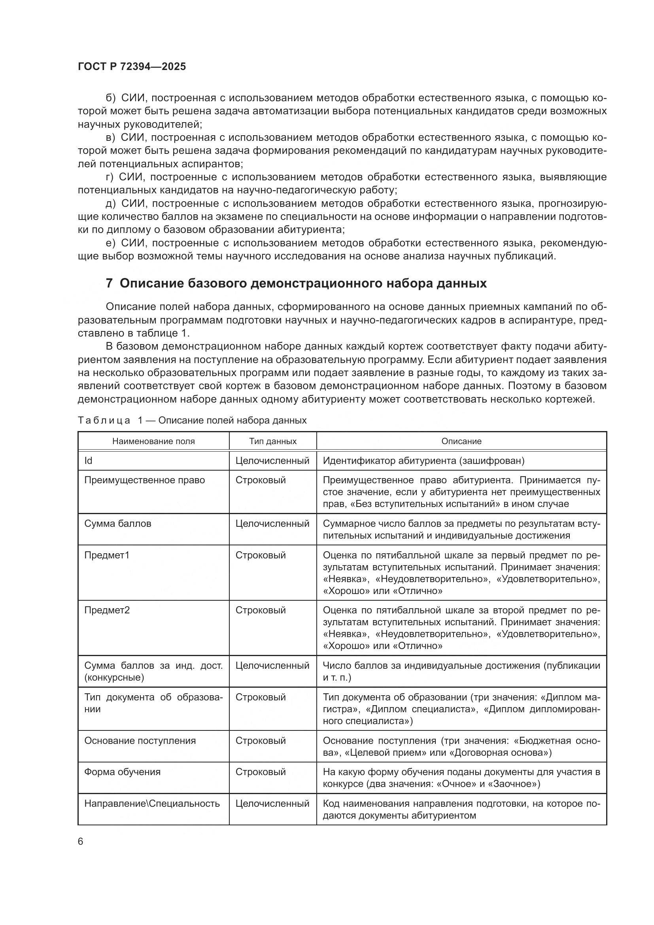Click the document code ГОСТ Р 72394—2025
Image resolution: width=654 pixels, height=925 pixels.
pyautogui.click(x=132, y=67)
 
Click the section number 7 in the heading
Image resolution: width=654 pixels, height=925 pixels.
pyautogui.click(x=109, y=284)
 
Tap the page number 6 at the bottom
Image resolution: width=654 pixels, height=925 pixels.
pyautogui.click(x=81, y=842)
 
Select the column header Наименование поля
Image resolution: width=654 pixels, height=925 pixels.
pyautogui.click(x=153, y=441)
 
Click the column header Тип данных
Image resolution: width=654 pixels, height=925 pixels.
pyautogui.click(x=273, y=441)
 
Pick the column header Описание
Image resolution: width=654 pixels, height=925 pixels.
pyautogui.click(x=461, y=441)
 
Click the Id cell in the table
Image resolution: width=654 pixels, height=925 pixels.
pyautogui.click(x=88, y=460)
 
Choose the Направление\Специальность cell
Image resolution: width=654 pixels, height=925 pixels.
pyautogui.click(x=152, y=804)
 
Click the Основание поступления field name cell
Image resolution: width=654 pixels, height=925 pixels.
pyautogui.click(x=140, y=740)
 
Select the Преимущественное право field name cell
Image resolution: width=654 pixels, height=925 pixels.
pyautogui.click(x=145, y=480)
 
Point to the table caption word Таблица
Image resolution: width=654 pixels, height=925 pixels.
pyautogui.click(x=104, y=421)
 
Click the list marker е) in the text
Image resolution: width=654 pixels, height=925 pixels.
pyautogui.click(x=111, y=243)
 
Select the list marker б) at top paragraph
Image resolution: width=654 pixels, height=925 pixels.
pyautogui.click(x=111, y=98)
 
